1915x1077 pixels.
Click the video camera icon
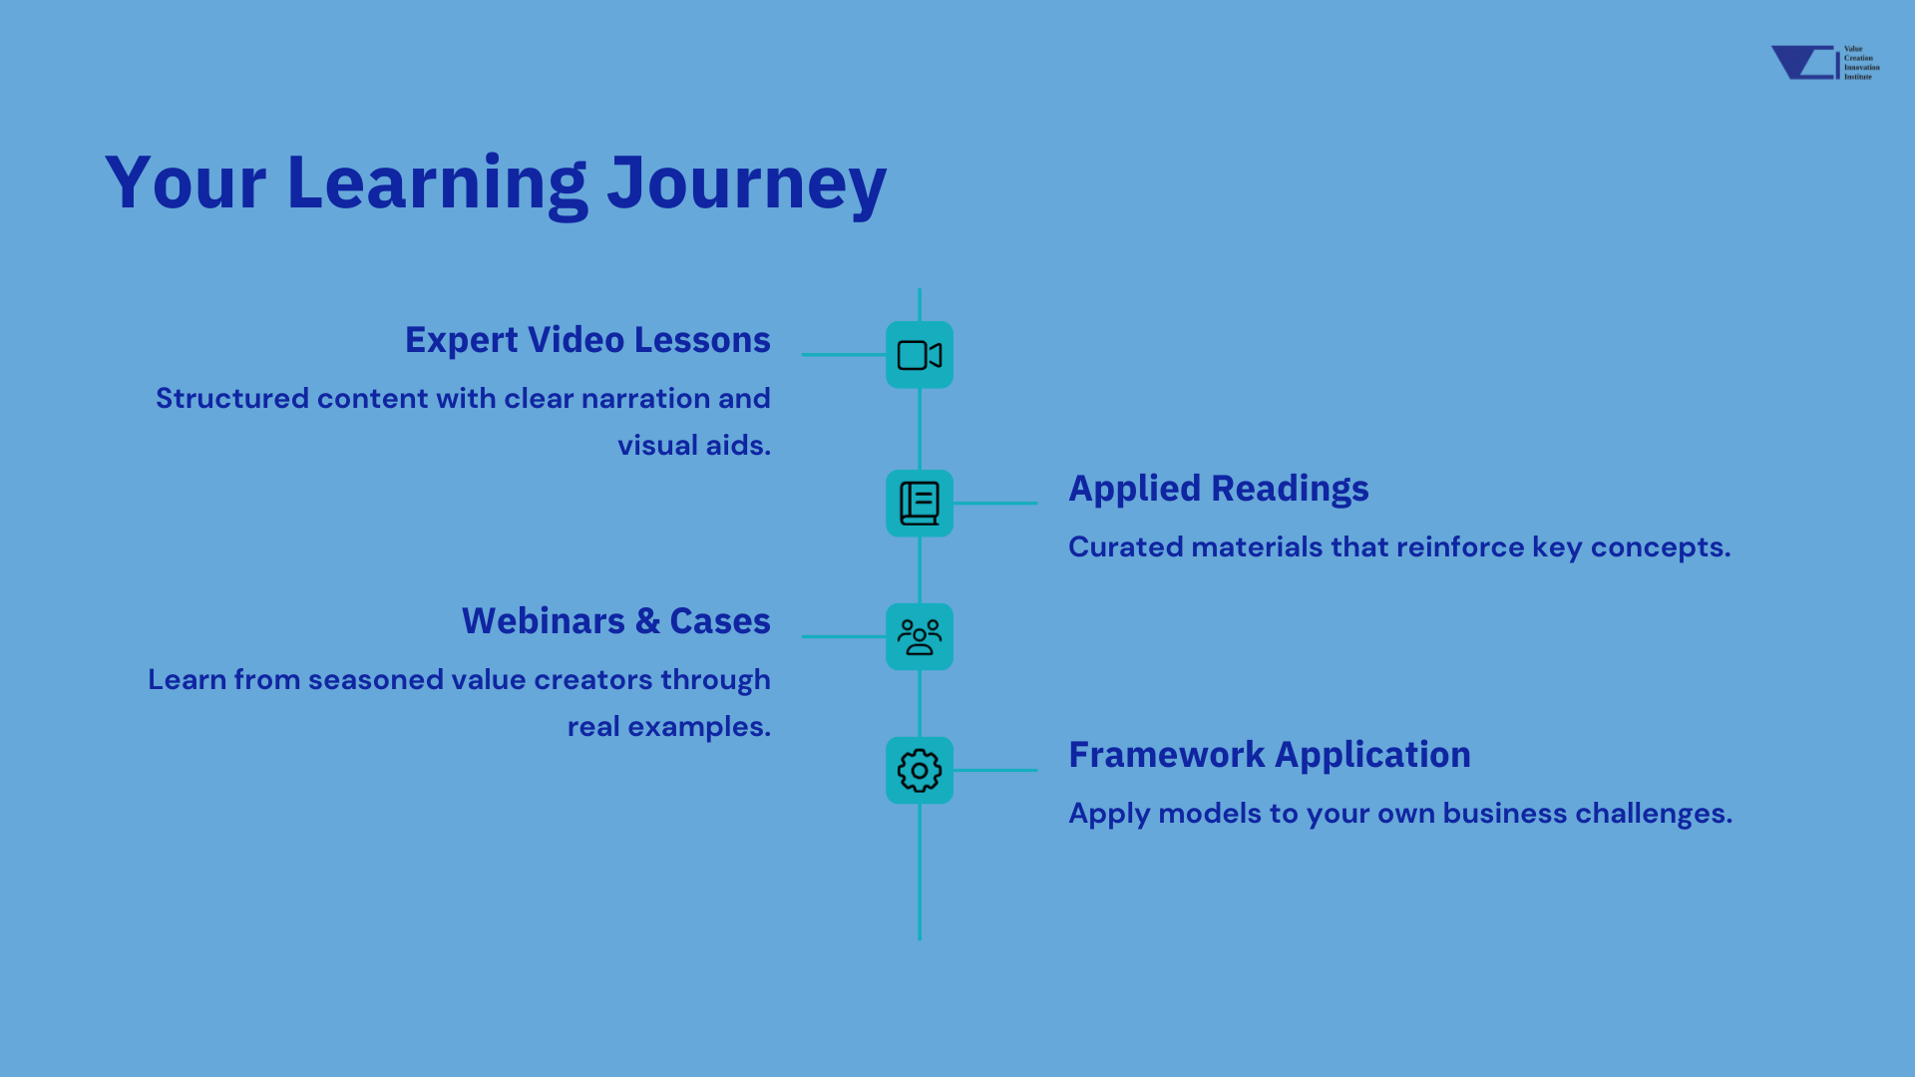(920, 355)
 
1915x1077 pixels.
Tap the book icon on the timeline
(920, 504)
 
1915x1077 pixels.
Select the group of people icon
(920, 636)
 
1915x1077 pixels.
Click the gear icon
(920, 771)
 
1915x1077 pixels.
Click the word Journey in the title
(746, 184)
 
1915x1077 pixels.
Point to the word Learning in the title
(437, 184)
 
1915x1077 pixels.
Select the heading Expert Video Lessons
(587, 340)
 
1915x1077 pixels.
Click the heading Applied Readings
(1219, 489)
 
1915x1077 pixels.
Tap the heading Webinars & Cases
(616, 621)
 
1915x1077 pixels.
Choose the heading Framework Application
(1270, 755)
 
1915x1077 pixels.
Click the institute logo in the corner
(1825, 62)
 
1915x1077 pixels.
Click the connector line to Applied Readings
(995, 504)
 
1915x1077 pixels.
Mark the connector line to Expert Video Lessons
(844, 355)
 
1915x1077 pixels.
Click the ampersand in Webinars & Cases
(647, 621)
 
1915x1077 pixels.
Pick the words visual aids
(694, 446)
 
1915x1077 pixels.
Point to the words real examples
(669, 727)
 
